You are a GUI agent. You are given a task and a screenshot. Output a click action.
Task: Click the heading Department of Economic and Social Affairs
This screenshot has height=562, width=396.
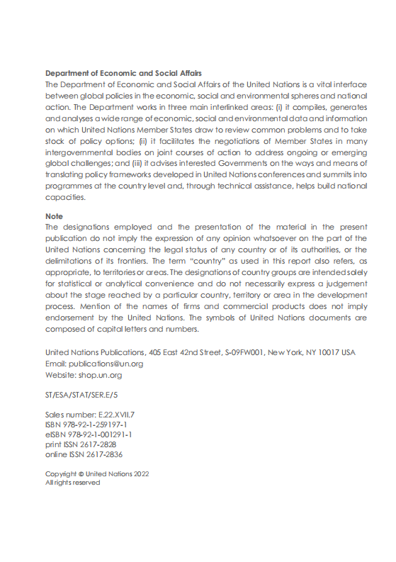pyautogui.click(x=123, y=73)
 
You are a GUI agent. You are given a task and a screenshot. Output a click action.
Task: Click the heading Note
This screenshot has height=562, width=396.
pyautogui.click(x=54, y=216)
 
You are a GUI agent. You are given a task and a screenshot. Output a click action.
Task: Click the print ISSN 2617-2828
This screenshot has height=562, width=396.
pyautogui.click(x=100, y=444)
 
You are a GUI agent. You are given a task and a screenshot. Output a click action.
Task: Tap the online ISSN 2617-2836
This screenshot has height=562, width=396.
pyautogui.click(x=103, y=454)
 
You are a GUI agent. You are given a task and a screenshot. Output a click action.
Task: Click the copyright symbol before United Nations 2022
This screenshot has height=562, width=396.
pyautogui.click(x=81, y=473)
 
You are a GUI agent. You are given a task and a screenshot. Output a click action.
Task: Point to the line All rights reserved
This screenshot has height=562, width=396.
pyautogui.click(x=72, y=483)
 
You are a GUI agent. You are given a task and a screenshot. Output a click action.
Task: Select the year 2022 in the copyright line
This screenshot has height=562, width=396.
pyautogui.click(x=142, y=473)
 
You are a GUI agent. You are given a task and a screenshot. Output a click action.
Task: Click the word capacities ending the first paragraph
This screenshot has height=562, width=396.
pyautogui.click(x=65, y=197)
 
